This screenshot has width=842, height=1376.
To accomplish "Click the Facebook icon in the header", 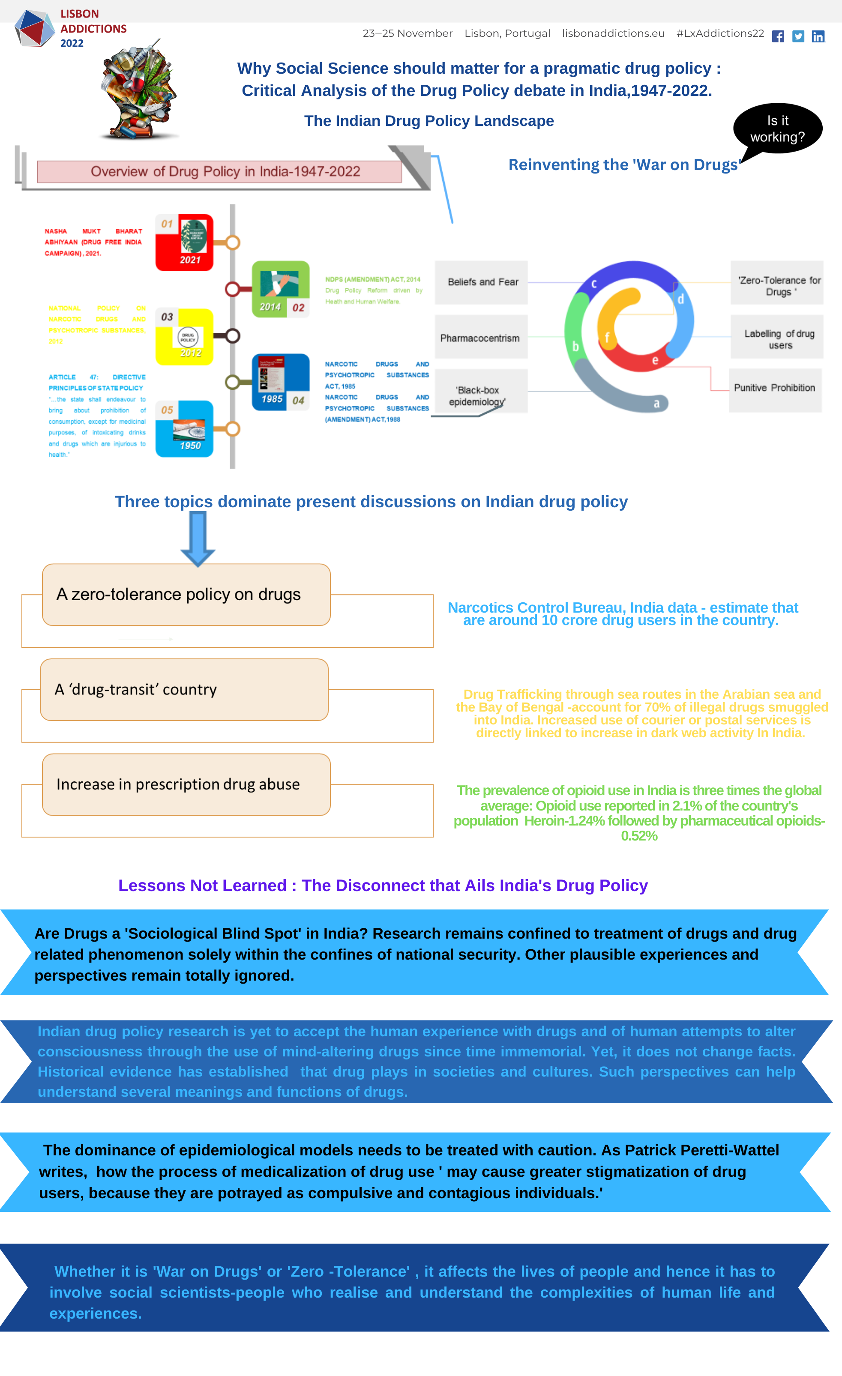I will click(778, 36).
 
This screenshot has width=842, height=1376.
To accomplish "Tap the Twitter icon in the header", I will click(798, 36).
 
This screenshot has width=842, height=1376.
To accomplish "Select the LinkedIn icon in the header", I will click(818, 36).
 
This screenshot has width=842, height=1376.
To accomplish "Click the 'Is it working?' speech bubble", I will click(777, 129).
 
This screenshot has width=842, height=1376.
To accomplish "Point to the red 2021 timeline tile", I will click(184, 242).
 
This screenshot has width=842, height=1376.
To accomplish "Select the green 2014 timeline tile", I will click(281, 289).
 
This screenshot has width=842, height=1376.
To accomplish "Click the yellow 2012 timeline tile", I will click(184, 337).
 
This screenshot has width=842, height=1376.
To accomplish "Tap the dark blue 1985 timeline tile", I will click(281, 382).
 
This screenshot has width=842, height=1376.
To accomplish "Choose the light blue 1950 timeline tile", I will click(184, 429).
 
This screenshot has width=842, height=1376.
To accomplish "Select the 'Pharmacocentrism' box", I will click(480, 338).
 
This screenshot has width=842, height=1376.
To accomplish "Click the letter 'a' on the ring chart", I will click(656, 403).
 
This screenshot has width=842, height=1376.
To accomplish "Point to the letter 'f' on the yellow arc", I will click(607, 337).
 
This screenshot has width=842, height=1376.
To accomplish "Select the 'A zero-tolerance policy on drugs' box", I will click(186, 594).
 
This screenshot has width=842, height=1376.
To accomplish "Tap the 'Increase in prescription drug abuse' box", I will click(186, 784).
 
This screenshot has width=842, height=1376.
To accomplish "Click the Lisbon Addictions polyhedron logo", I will click(34, 28).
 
